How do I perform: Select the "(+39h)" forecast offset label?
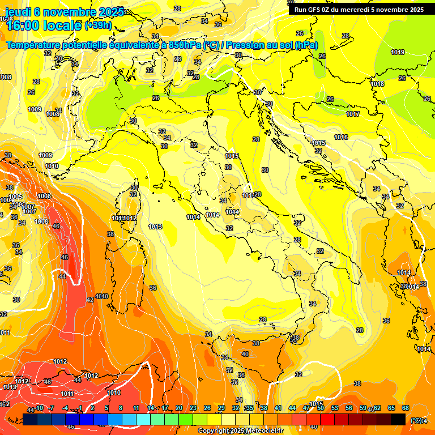(98, 25)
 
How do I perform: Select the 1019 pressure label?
(398, 52)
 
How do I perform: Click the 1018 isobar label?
(377, 84)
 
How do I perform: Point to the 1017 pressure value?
(353, 114)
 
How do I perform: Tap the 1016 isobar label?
(341, 137)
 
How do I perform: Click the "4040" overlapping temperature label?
(101, 296)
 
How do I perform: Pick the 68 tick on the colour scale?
(406, 408)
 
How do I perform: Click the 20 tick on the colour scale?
(178, 408)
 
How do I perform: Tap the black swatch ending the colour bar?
(398, 419)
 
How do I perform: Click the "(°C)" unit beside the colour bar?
(416, 420)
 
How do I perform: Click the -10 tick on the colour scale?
(39, 408)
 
